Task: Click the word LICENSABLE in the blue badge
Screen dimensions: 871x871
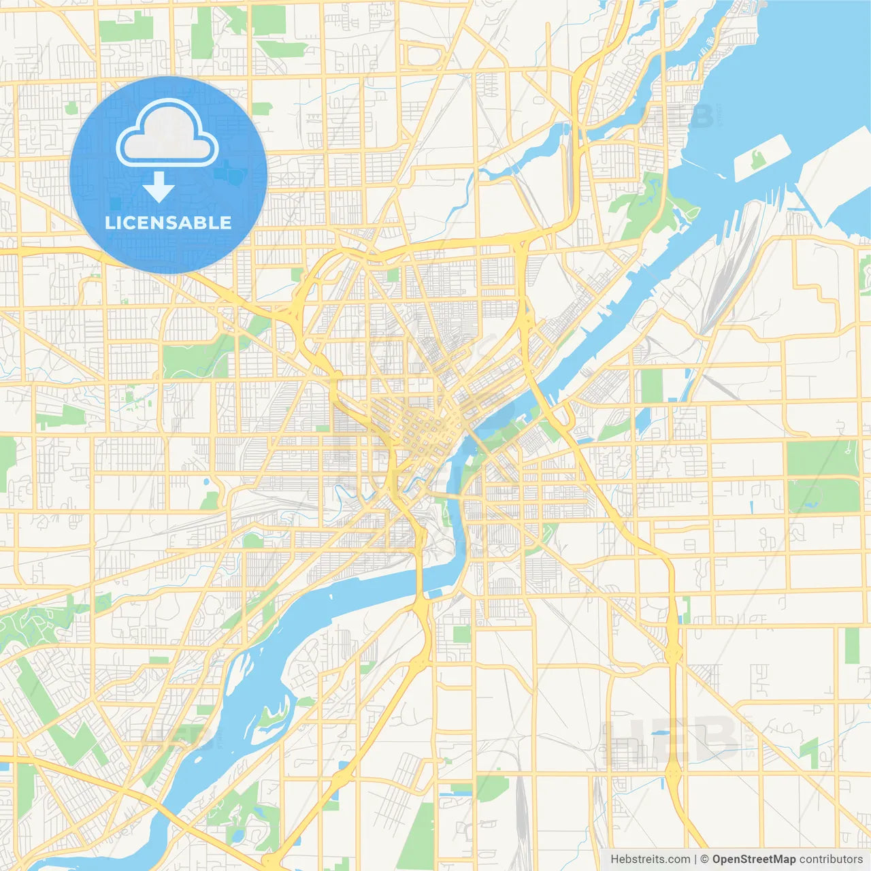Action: coord(168,223)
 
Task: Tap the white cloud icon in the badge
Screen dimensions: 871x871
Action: coord(167,134)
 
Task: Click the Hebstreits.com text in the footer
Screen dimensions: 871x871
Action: coord(650,859)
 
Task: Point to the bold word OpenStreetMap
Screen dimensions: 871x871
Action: coord(754,859)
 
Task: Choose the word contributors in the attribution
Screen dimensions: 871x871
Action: coord(831,859)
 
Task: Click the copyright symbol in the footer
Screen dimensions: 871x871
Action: coord(705,859)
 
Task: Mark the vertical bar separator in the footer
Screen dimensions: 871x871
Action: coord(695,859)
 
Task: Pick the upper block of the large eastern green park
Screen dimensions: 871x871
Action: coord(822,458)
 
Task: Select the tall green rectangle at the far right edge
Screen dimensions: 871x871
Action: coord(852,646)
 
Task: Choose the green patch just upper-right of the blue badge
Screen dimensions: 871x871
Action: coord(262,108)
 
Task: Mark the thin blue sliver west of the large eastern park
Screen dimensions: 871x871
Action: coord(751,507)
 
